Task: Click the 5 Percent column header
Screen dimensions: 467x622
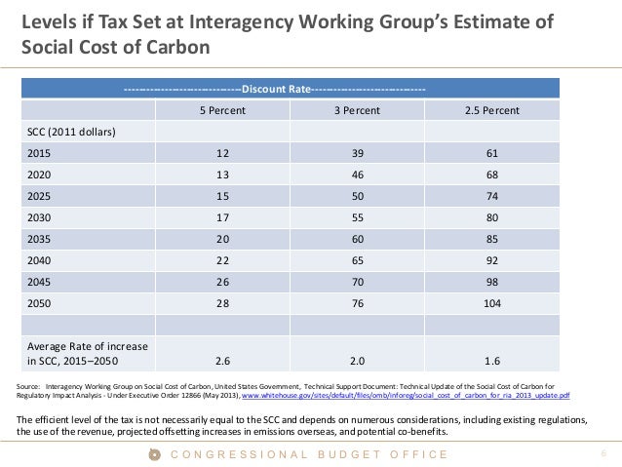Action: [x=222, y=111]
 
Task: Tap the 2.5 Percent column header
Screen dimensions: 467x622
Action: [x=491, y=111]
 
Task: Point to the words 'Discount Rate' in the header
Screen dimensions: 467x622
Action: [x=276, y=90]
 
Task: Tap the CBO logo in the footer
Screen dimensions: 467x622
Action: [x=152, y=454]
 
